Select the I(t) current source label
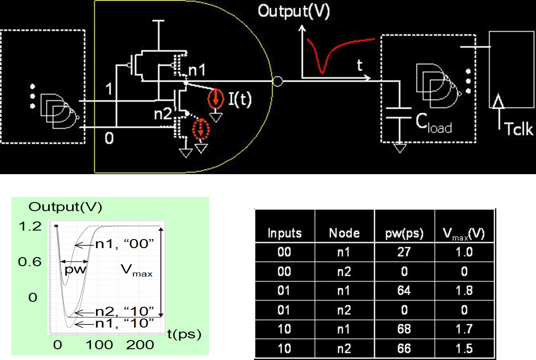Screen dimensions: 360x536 pos(239,99)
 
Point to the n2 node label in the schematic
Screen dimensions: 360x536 pos(163,114)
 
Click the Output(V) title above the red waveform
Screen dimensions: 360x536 pos(293,11)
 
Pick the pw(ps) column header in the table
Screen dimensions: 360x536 pos(404,233)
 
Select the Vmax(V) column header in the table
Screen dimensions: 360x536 pos(464,234)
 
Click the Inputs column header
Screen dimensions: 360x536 pos(284,233)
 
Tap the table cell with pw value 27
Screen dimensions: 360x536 pos(404,252)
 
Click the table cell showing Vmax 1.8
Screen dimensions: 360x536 pos(464,290)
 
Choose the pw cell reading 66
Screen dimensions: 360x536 pos(404,348)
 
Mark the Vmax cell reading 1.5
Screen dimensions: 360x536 pos(464,348)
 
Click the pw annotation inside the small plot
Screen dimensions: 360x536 pos(75,270)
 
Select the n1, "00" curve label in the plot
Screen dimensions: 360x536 pos(125,245)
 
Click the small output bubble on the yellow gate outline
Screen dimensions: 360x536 pos(278,82)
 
